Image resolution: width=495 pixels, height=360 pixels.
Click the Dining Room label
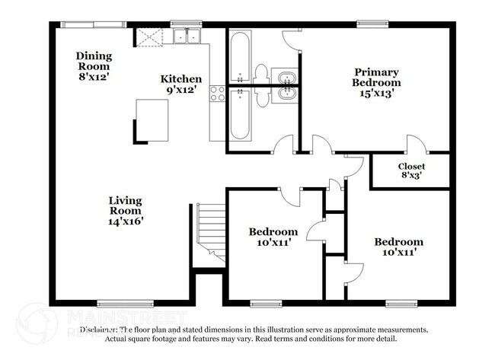(x=94, y=61)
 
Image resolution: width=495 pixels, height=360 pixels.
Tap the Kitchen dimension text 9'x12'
(x=180, y=90)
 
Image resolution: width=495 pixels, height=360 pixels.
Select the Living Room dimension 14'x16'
(x=125, y=221)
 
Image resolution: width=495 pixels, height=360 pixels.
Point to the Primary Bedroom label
(x=375, y=78)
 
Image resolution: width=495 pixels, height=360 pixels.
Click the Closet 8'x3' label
(x=411, y=171)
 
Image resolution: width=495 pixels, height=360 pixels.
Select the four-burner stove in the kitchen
(x=218, y=94)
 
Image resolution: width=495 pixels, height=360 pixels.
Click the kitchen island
(x=152, y=119)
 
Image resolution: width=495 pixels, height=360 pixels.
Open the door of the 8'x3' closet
(x=415, y=145)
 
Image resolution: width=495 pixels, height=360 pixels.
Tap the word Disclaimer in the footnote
(x=99, y=330)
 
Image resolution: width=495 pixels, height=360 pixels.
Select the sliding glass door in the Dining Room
(x=93, y=24)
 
